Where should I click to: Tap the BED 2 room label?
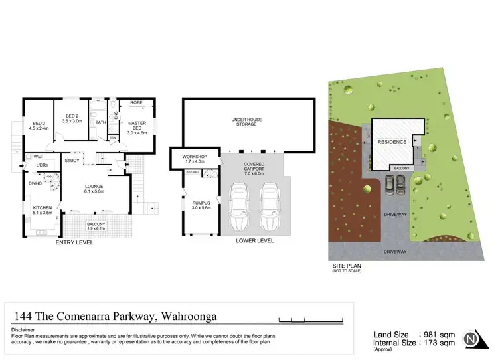(71, 116)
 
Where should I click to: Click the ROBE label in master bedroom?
(136, 103)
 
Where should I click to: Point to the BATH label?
(100, 122)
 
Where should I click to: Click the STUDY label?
(72, 160)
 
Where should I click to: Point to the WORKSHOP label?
(192, 157)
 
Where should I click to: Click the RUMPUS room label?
(200, 204)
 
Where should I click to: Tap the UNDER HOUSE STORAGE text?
(246, 122)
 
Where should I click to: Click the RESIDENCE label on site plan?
(391, 143)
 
